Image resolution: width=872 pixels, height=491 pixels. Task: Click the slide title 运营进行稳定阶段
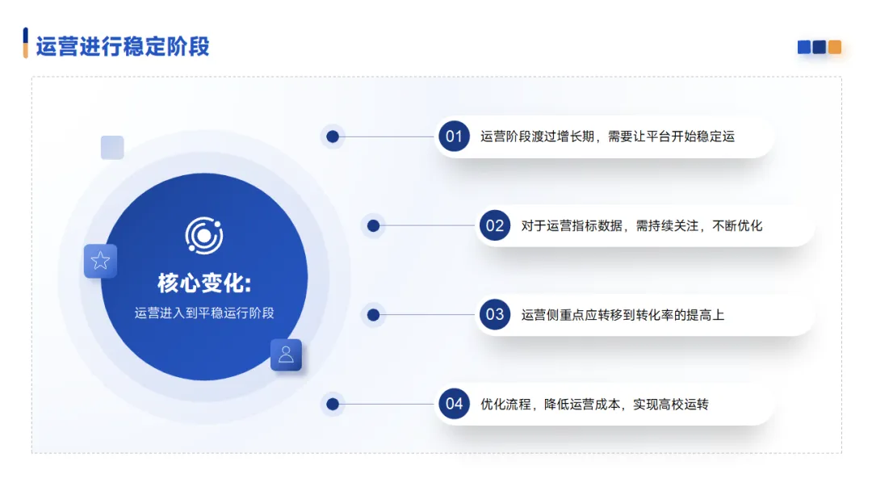(123, 46)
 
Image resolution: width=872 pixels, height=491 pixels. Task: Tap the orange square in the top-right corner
(835, 48)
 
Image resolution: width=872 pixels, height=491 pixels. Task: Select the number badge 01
(454, 136)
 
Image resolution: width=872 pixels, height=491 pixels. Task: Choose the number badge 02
(495, 225)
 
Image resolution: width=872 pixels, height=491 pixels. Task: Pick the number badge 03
(495, 315)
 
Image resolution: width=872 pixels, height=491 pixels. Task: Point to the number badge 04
(454, 404)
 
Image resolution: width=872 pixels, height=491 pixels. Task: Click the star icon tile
(100, 261)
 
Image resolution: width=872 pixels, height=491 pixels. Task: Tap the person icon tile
(286, 355)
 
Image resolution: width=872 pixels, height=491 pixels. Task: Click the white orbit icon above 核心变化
(204, 236)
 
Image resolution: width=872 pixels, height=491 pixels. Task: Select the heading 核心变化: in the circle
(204, 283)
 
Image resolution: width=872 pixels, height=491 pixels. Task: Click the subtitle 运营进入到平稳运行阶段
(204, 313)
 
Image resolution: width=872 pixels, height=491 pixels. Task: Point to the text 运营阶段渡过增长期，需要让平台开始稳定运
(607, 136)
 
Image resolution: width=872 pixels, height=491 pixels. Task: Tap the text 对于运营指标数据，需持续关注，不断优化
(641, 225)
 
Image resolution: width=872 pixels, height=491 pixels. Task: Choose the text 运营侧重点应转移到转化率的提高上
(623, 315)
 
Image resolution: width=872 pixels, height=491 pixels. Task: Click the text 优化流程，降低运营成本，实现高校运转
(594, 404)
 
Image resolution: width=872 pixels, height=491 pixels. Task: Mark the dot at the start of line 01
(333, 136)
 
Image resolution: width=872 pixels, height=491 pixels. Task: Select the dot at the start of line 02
(373, 225)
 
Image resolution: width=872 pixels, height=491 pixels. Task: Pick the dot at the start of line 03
(373, 315)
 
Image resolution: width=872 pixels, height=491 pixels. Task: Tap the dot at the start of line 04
(333, 404)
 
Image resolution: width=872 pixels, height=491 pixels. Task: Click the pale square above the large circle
(112, 147)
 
